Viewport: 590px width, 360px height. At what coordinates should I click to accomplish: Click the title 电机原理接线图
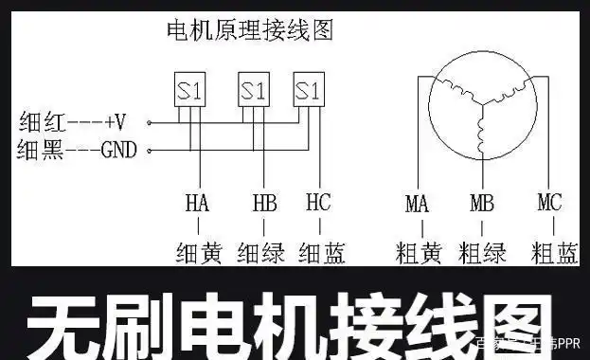tap(249, 29)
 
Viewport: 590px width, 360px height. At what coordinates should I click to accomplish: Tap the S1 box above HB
tap(254, 91)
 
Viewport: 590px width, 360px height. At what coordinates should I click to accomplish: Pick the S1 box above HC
tap(307, 91)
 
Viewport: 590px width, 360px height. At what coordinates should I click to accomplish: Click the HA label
tap(197, 204)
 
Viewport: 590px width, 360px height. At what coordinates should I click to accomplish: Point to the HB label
tap(263, 204)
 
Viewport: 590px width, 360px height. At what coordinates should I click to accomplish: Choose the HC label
tap(317, 204)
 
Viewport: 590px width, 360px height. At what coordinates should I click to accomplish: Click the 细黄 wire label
tap(198, 253)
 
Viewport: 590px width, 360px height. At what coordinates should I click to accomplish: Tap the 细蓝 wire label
tap(321, 253)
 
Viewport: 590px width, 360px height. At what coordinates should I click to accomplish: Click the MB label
tap(482, 204)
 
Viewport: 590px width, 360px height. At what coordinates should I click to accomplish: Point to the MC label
tap(549, 204)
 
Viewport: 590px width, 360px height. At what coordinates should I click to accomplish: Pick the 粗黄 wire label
tap(418, 253)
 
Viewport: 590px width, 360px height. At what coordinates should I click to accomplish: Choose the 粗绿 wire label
tap(482, 253)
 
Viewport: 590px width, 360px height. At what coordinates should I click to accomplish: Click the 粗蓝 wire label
tap(555, 253)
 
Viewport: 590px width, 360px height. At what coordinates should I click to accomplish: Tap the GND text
tap(119, 150)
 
